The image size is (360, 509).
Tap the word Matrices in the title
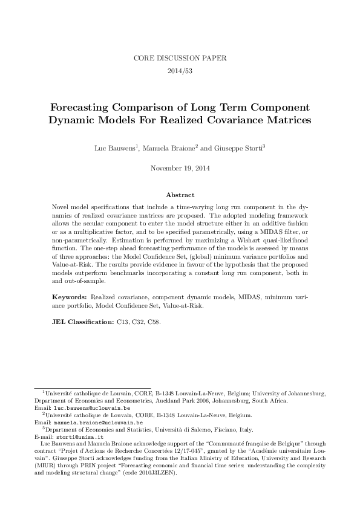point(284,120)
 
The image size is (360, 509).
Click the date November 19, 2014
point(180,167)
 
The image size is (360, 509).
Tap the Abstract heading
point(180,195)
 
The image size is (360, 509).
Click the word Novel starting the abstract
point(62,207)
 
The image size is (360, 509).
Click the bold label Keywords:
point(70,297)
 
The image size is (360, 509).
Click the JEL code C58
point(154,322)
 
